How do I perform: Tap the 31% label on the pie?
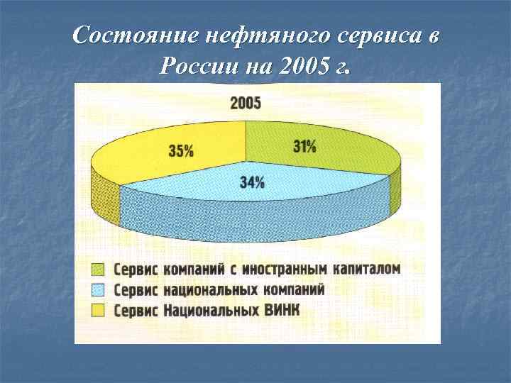304,147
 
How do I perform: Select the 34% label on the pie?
252,183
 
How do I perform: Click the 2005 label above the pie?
246,104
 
